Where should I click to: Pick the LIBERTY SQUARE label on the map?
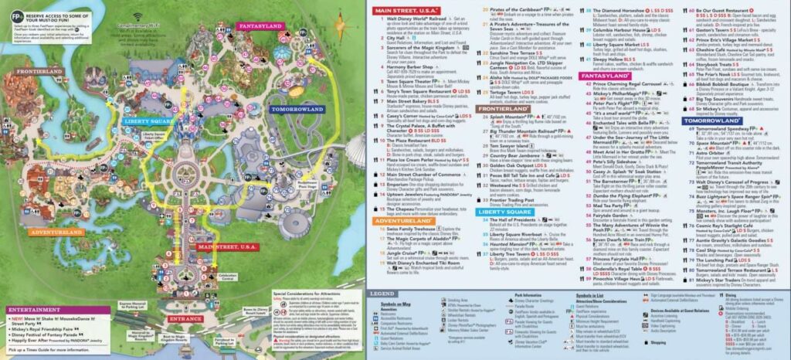148,121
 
